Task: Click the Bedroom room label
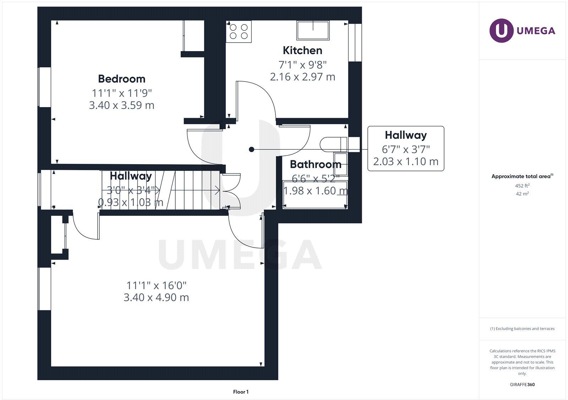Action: [122, 79]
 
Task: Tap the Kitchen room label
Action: [302, 50]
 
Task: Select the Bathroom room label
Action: [316, 164]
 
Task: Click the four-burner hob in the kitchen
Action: [239, 31]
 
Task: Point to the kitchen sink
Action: [313, 30]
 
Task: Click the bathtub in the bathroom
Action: [315, 195]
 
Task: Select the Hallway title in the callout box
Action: [406, 135]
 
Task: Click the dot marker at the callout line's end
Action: [251, 150]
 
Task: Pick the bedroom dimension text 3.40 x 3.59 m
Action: [122, 105]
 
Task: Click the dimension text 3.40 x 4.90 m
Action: [156, 297]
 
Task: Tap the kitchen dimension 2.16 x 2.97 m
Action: [302, 77]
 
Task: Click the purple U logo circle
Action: [501, 30]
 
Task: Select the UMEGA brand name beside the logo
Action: [536, 31]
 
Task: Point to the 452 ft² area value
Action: [522, 185]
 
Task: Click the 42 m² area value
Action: [522, 194]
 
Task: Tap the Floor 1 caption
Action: [241, 392]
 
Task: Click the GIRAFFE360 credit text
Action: [522, 384]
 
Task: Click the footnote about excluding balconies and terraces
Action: [522, 329]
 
